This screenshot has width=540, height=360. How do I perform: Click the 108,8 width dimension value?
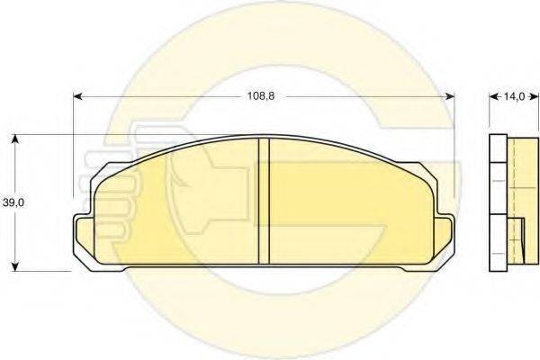[x=261, y=96]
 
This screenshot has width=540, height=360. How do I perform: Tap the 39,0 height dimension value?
[x=13, y=202]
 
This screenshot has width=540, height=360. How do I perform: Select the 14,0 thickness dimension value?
[x=514, y=96]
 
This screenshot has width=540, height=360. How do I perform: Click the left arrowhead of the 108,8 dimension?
[x=78, y=96]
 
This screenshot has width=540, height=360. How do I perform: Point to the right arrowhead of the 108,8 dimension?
[x=450, y=96]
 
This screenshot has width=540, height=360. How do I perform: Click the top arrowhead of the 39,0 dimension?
[x=14, y=139]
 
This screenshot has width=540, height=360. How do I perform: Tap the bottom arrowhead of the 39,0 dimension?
[x=14, y=266]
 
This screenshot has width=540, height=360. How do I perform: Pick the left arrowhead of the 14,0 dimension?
[x=493, y=97]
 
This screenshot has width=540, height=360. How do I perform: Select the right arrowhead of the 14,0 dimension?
[x=534, y=97]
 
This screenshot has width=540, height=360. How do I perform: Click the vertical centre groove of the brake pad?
[x=264, y=201]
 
